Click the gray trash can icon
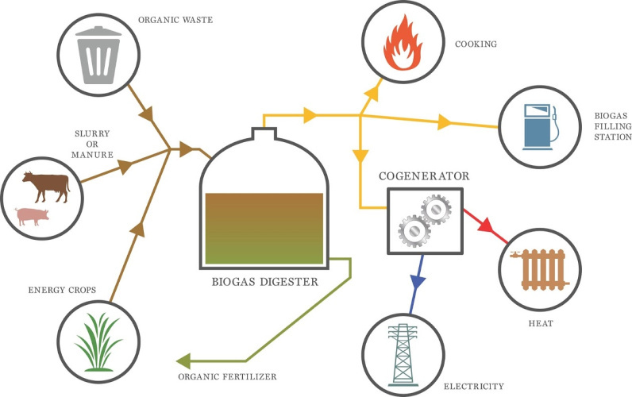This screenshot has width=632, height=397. (98, 55)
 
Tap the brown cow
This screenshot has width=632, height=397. (46, 187)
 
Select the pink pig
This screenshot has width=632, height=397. (32, 217)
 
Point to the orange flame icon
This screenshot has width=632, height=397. (403, 43)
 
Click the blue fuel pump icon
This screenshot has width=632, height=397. (540, 127)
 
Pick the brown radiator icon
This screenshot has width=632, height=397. (540, 269)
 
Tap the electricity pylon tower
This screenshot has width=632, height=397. (403, 355)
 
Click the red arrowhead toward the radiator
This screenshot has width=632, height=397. (486, 225)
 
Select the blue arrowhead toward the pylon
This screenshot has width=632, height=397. (418, 281)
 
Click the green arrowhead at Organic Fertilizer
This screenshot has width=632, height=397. (183, 360)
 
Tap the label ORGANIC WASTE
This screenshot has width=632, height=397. (175, 20)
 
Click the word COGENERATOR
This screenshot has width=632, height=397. (424, 176)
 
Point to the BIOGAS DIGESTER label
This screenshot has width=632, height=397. (265, 281)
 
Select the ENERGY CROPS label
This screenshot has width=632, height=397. (62, 290)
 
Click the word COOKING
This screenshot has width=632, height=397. (476, 44)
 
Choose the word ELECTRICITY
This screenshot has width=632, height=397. (474, 386)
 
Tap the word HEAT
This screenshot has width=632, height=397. (541, 323)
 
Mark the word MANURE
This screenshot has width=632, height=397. (92, 154)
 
